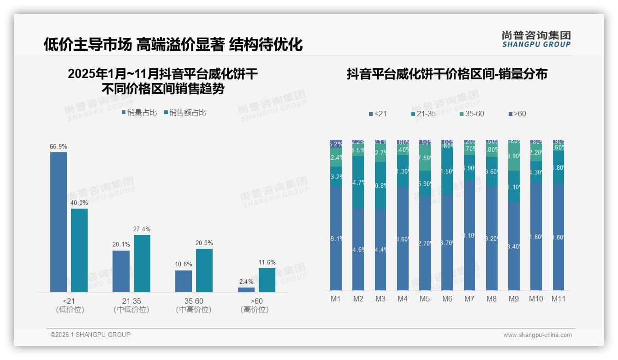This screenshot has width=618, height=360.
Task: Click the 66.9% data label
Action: click(x=59, y=147)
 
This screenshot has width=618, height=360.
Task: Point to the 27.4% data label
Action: click(x=142, y=229)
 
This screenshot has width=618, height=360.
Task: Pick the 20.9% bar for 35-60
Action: click(x=204, y=270)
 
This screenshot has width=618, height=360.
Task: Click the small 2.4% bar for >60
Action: click(x=246, y=290)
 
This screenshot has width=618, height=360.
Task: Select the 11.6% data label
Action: click(x=267, y=263)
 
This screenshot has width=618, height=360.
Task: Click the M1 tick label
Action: click(x=336, y=299)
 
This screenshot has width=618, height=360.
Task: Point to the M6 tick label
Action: click(x=447, y=299)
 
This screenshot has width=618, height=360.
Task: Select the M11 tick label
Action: click(x=559, y=299)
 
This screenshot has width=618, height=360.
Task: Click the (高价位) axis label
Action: click(x=255, y=310)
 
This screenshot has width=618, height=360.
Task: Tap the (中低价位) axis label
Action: click(x=131, y=310)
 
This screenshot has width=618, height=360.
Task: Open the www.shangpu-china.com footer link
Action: click(x=537, y=335)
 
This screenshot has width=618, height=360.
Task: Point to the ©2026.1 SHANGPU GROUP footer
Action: click(x=90, y=335)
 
